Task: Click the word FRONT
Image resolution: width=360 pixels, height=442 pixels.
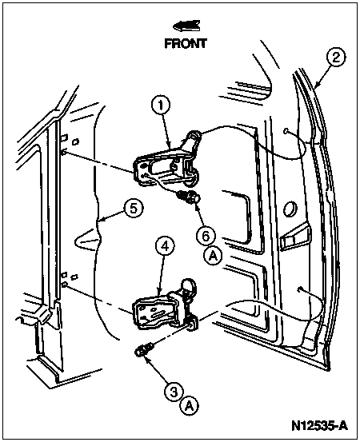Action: point(186,43)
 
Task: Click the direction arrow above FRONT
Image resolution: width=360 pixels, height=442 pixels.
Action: point(186,26)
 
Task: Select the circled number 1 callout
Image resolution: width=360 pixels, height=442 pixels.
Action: point(161,106)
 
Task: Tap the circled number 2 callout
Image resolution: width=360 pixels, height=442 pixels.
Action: point(336,58)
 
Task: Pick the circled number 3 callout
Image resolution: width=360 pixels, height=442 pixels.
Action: point(174,392)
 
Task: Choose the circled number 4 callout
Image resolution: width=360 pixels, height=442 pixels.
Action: point(165,246)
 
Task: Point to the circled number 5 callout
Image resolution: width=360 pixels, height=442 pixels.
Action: point(134,209)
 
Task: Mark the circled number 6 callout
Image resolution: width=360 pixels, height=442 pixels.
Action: point(206,236)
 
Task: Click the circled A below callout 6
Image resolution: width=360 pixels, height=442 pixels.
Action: point(213,256)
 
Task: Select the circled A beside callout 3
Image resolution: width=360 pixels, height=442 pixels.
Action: point(190,406)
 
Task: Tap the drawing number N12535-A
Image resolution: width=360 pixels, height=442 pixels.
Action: point(320,426)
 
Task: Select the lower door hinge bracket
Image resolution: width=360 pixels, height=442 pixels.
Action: point(165,310)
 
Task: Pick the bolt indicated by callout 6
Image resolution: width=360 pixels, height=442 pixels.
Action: point(189,197)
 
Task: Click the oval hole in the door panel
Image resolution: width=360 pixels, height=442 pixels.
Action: point(290,209)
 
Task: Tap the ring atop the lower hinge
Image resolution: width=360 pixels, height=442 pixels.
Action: point(187,285)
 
